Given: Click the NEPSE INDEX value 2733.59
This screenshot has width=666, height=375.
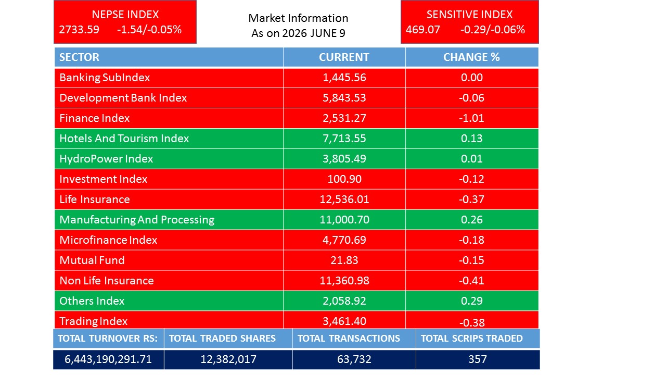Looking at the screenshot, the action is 79,30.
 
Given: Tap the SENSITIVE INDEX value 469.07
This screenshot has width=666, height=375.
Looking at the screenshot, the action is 423,30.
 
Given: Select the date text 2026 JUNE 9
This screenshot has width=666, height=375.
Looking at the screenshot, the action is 314,33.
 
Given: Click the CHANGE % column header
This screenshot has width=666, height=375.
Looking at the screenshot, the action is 471,57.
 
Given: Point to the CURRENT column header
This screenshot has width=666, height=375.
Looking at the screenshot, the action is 344,57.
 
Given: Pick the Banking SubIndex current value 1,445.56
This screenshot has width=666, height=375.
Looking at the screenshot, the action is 344,78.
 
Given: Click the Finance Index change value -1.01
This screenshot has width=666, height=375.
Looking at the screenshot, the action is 471,118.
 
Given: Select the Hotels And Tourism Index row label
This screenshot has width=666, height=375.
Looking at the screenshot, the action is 124,139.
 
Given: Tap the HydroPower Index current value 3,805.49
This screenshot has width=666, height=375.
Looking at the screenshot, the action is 344,159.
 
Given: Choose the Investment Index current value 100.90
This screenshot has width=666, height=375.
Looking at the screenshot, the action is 344,179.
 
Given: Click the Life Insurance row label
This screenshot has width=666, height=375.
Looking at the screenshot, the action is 95,199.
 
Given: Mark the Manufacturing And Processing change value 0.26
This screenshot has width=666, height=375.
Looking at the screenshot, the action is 471,220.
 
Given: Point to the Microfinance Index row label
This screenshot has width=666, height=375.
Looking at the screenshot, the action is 108,240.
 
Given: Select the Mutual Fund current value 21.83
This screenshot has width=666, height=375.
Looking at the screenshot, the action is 344,260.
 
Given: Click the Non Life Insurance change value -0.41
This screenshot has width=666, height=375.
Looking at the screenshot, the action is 471,281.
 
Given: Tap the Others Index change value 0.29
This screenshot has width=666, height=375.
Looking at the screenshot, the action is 471,301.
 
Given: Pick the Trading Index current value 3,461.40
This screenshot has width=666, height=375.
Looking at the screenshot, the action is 344,321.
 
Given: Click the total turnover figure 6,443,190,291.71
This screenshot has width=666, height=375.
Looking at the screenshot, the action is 108,359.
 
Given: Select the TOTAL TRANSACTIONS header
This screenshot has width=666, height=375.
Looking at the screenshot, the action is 349,339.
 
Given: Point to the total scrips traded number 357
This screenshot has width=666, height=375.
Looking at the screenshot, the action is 478,359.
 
